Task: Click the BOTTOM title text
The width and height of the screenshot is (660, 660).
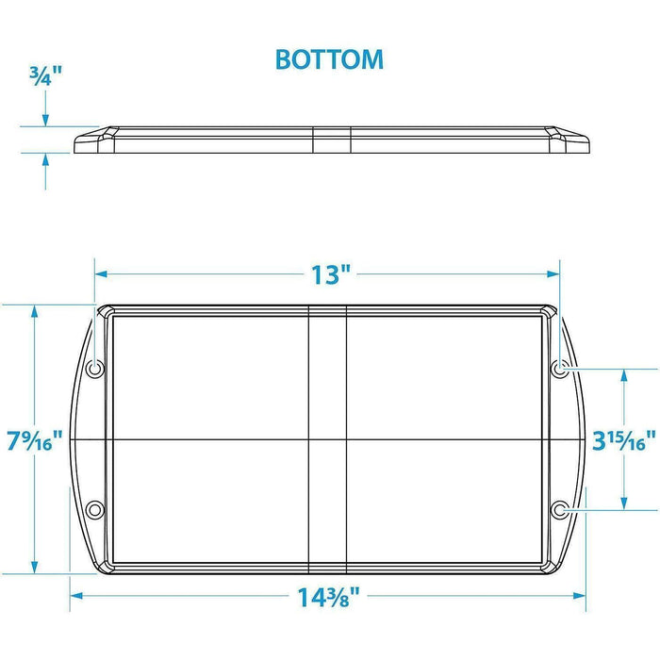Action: [x=329, y=59]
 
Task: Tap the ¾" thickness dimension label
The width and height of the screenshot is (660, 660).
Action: [x=45, y=75]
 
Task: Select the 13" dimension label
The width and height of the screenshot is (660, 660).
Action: [x=331, y=274]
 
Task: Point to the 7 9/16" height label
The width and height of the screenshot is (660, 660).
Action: [x=35, y=440]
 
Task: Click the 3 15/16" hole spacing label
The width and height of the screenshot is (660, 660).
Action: [x=624, y=440]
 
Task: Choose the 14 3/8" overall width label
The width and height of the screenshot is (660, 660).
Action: [x=329, y=597]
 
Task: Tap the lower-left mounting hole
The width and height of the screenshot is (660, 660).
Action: [x=94, y=510]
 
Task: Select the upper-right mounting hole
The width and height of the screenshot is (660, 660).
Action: [x=560, y=370]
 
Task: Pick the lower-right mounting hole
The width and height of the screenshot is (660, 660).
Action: [x=560, y=510]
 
